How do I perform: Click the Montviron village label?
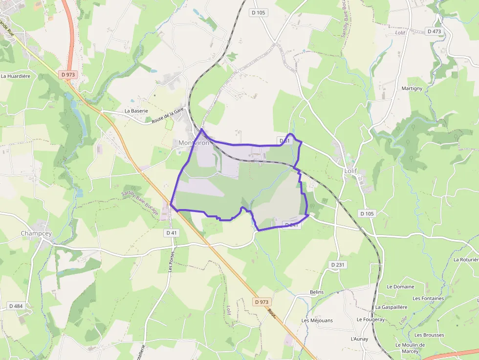coord(194,143)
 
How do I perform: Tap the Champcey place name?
coord(36,233)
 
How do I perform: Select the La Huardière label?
coord(16,76)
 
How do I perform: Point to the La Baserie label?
coord(136,111)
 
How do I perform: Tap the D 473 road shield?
coord(434,31)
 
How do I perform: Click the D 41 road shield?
coord(171,233)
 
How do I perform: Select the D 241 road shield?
coord(291,225)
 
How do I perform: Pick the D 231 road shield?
coord(338,265)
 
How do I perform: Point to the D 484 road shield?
coord(16,306)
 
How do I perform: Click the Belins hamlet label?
coord(317,292)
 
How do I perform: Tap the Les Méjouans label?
coord(317,320)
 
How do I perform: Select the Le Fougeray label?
coord(370,319)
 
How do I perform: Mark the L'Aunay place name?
coord(359,339)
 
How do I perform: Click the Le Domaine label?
coord(400,287)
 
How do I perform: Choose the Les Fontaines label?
coord(428,298)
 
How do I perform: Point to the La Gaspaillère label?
coord(391,307)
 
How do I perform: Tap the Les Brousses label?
coord(429,335)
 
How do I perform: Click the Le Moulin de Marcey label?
coord(410,348)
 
